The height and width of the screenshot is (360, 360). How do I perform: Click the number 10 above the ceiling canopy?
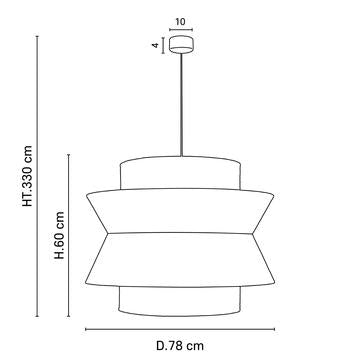pyautogui.click(x=182, y=20)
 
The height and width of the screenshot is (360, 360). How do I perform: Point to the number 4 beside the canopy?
pyautogui.click(x=157, y=45)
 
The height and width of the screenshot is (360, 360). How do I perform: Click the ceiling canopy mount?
pyautogui.click(x=182, y=45)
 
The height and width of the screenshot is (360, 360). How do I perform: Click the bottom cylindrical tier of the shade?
pyautogui.click(x=181, y=299)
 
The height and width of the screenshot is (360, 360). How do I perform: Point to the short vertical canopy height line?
pyautogui.click(x=166, y=45)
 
